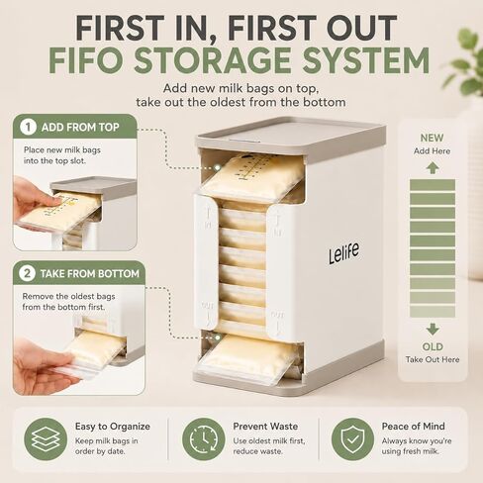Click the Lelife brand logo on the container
tap(343, 253)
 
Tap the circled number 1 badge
tap(28, 127)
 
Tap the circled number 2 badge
tap(27, 273)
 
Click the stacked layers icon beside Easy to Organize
tap(46, 439)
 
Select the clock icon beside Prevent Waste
tap(204, 439)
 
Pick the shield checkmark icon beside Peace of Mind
tap(352, 439)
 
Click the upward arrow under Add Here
tap(433, 168)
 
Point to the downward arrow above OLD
tap(433, 329)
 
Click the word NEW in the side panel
tap(432, 138)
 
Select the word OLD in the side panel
tap(433, 346)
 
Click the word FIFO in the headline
tap(86, 60)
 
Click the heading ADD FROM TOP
tap(80, 128)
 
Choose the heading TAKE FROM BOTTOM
tap(90, 274)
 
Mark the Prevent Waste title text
tap(265, 427)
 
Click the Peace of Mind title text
tap(413, 427)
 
